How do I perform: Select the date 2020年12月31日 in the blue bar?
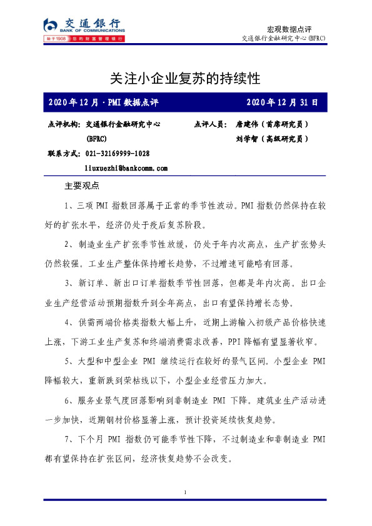282,102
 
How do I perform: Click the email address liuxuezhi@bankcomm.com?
126,168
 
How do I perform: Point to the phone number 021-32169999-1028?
118,154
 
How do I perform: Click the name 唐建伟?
247,124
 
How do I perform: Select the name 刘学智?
247,139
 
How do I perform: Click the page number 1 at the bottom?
186,494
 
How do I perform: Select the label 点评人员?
211,124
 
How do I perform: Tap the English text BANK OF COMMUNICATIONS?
92,30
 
